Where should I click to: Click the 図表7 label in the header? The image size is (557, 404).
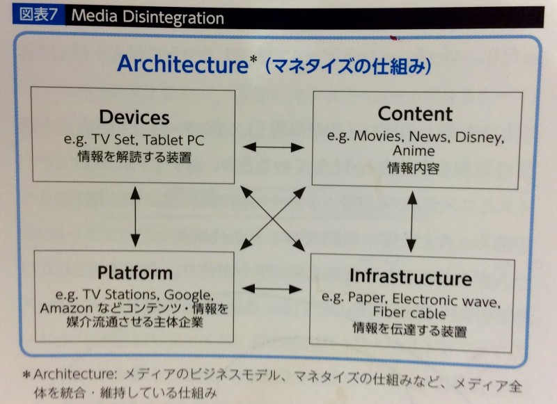click(38, 15)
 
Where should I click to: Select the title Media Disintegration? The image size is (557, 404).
click(148, 17)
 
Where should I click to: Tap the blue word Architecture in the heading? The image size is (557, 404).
click(182, 64)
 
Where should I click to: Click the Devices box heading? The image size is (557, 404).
click(134, 118)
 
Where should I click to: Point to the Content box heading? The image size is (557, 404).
click(415, 114)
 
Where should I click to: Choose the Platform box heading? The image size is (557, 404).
click(135, 273)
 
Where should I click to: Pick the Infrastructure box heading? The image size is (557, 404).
click(411, 277)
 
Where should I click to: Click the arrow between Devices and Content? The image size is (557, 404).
click(273, 147)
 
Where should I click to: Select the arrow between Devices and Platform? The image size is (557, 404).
click(135, 216)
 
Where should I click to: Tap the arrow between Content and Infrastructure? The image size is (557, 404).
click(411, 222)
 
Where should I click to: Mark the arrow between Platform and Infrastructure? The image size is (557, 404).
click(272, 289)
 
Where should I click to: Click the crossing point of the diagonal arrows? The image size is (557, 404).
click(273, 219)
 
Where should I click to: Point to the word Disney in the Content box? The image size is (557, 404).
click(479, 138)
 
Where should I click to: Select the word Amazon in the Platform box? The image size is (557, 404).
click(66, 308)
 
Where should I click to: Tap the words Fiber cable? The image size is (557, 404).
click(409, 313)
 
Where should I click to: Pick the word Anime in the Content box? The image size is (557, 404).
click(414, 151)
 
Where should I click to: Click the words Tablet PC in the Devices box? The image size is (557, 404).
click(173, 140)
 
